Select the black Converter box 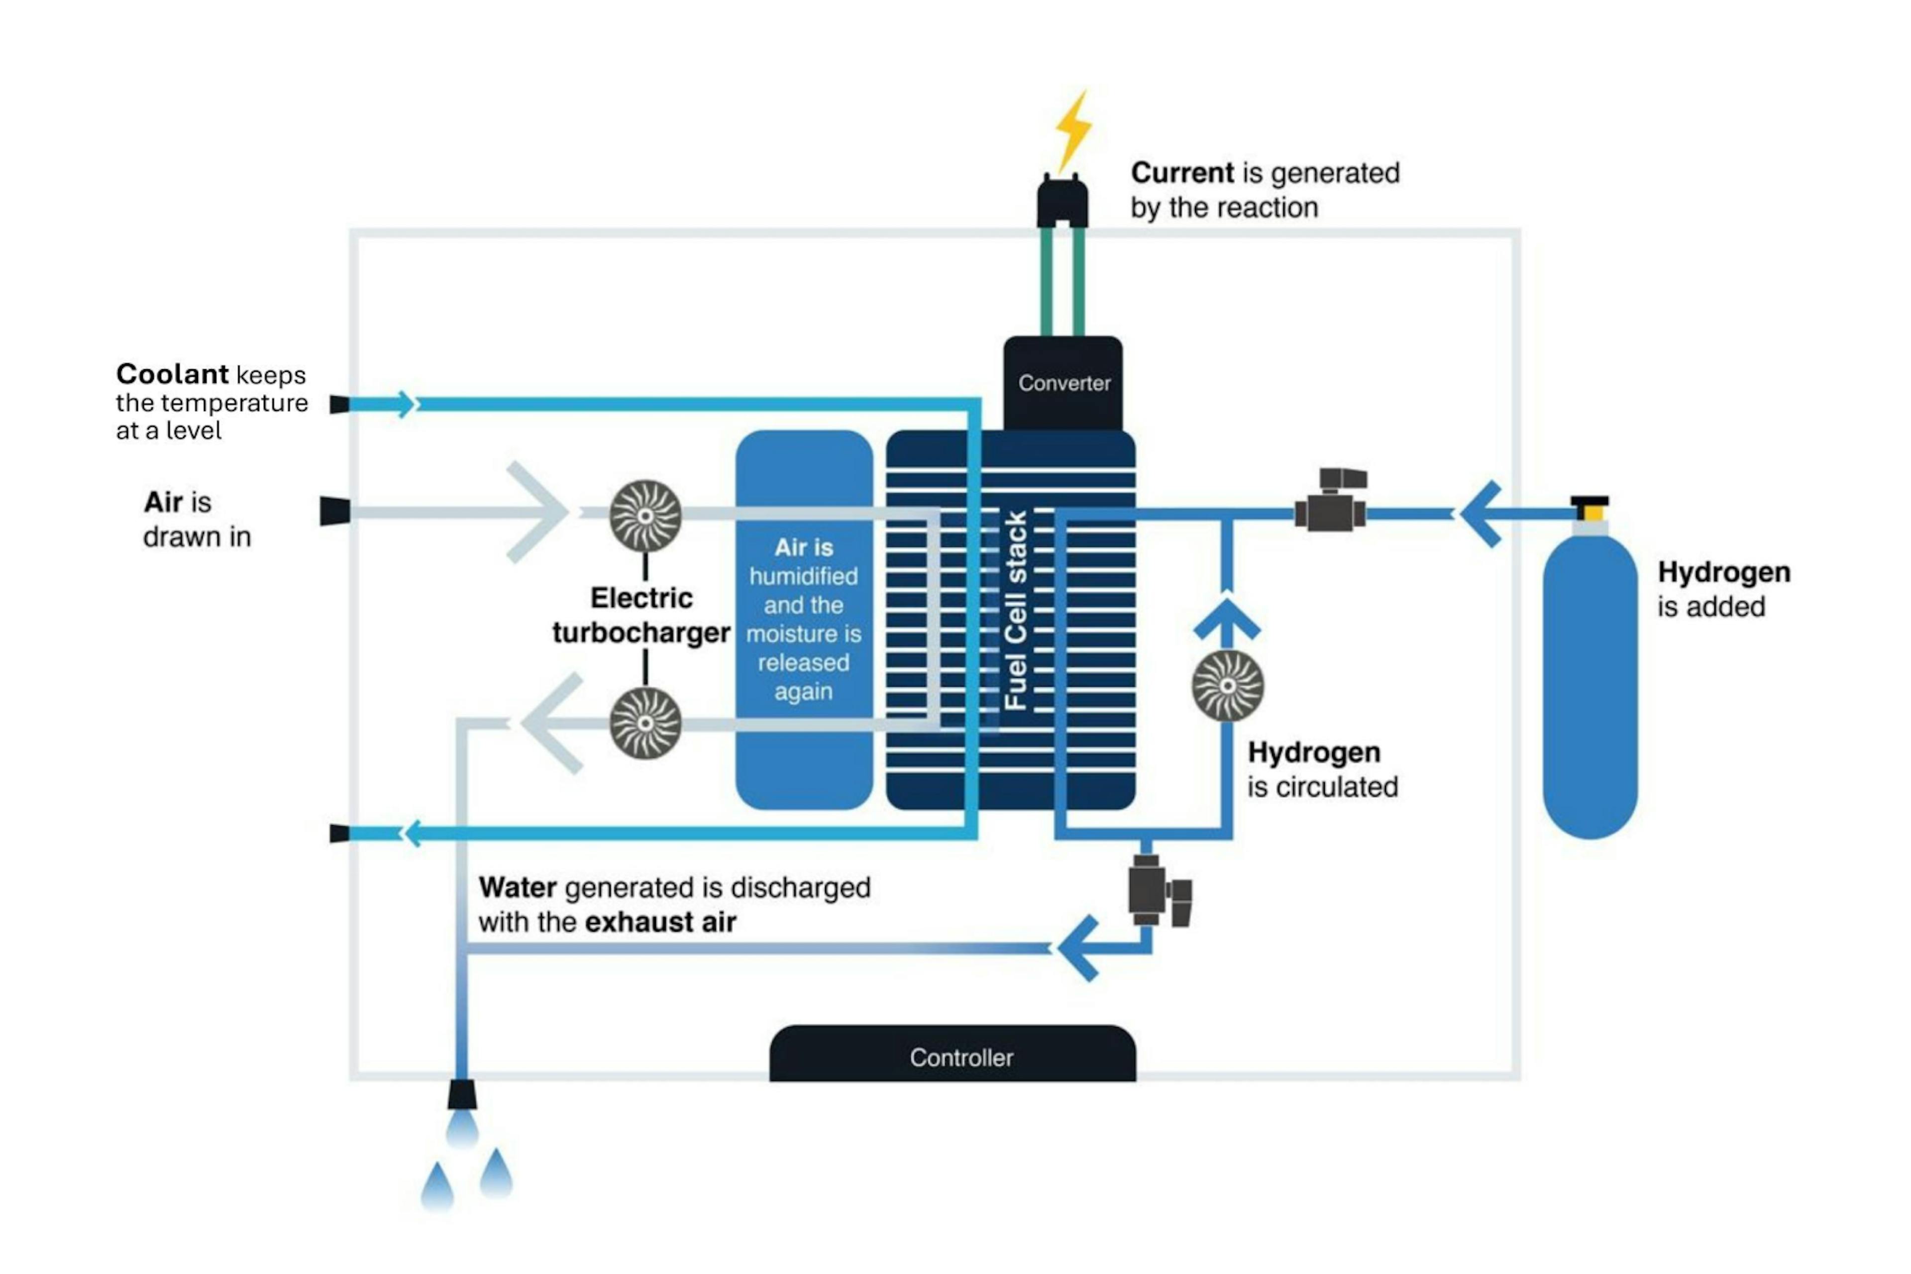click(1063, 383)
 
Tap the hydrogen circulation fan click(1228, 686)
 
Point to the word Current click(1182, 173)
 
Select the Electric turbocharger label click(641, 615)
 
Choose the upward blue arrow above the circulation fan click(1227, 623)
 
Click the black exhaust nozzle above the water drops click(462, 1094)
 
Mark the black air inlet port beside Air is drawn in click(335, 511)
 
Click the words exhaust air click(660, 922)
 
